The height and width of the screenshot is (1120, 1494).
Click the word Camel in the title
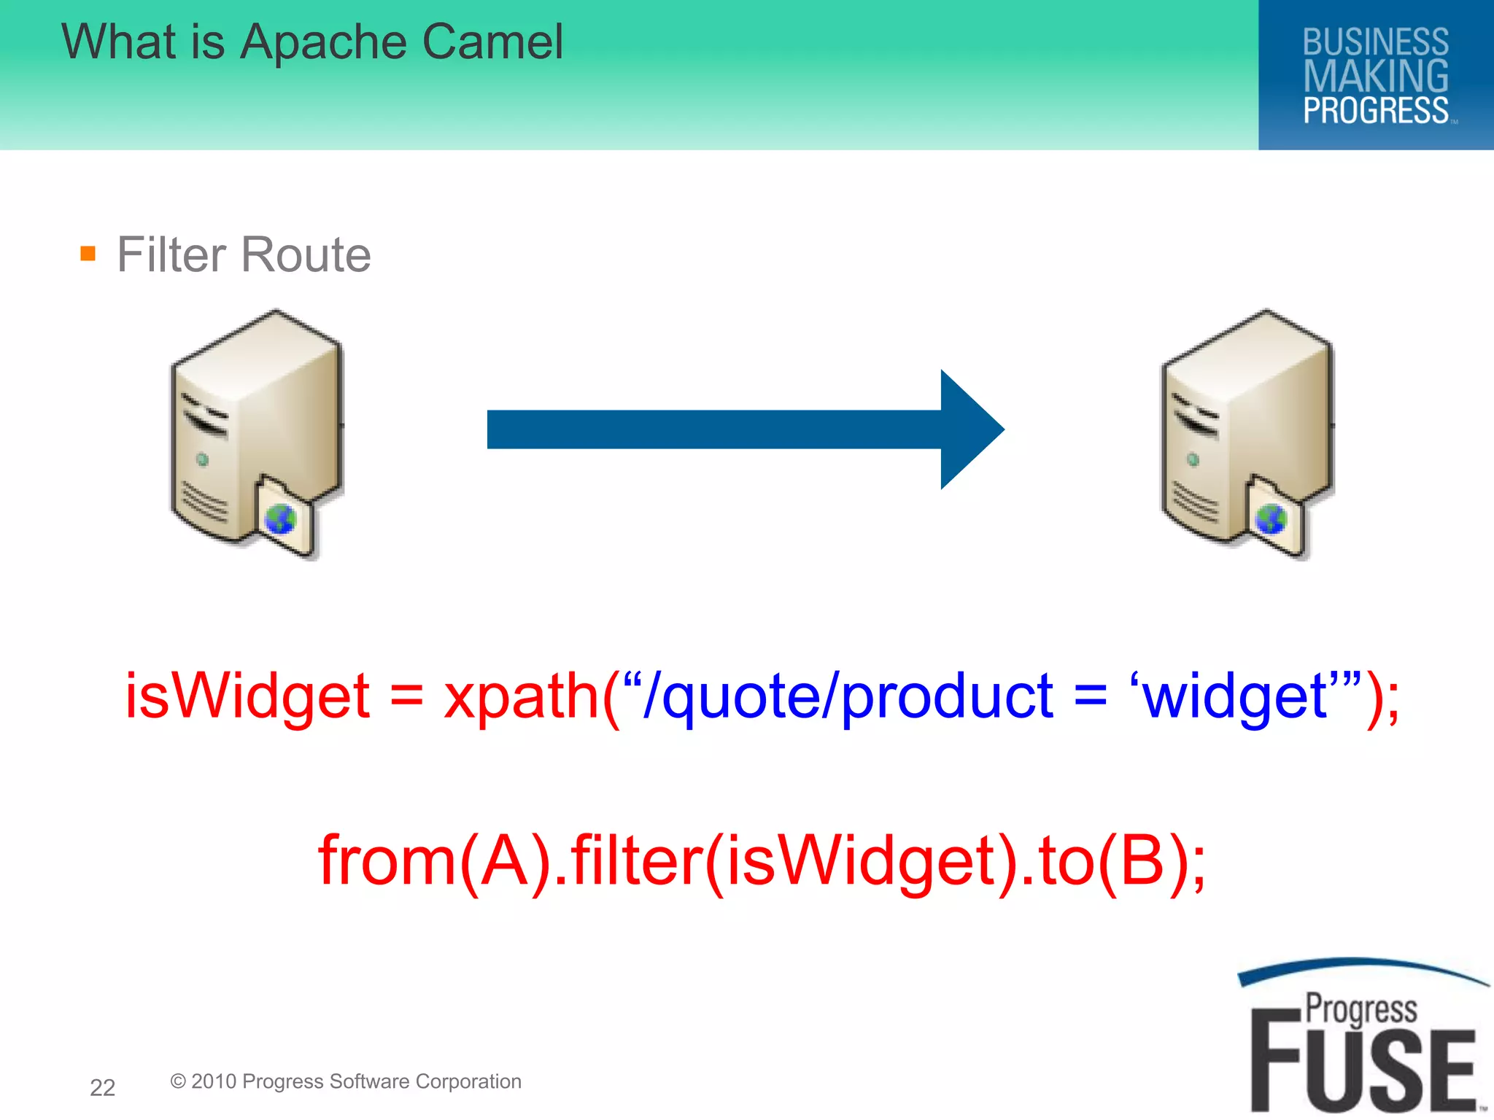[x=492, y=42]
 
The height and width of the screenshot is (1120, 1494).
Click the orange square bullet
[x=88, y=253]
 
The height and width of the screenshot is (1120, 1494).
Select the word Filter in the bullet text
[x=171, y=254]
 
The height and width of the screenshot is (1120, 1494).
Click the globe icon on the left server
[x=280, y=519]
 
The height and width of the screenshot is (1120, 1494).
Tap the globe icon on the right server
[x=1270, y=519]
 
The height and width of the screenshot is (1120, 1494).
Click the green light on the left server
[x=202, y=459]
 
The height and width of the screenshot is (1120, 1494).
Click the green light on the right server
[x=1193, y=459]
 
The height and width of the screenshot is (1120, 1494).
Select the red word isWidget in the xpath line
[x=247, y=696]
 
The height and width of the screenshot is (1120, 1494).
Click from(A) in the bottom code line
[x=434, y=860]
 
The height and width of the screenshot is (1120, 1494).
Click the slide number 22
[x=102, y=1087]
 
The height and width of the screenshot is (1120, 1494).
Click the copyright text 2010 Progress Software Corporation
[x=355, y=1081]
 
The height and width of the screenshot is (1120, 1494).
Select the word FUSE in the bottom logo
[x=1363, y=1068]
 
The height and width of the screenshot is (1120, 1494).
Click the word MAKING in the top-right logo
[x=1375, y=76]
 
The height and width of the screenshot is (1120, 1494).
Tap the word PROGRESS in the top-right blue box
[x=1375, y=111]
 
